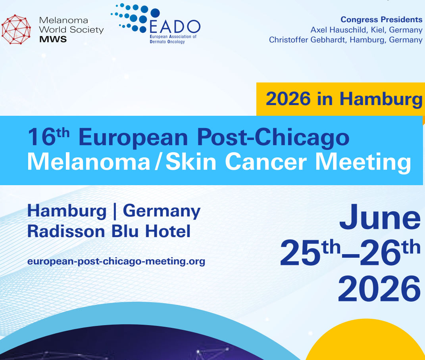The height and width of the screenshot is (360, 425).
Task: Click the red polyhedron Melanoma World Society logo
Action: point(16,29)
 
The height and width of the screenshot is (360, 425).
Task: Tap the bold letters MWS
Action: point(53,39)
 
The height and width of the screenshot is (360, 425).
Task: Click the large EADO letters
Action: point(175,27)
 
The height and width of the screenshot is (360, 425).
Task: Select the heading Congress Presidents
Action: point(381,19)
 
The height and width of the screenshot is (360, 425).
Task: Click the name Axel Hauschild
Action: point(337,29)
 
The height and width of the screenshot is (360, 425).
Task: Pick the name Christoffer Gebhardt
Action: point(307,40)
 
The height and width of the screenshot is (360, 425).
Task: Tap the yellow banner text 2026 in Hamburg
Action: point(344,99)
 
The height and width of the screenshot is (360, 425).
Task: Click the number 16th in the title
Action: point(48,137)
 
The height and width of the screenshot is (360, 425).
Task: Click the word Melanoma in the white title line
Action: point(89,161)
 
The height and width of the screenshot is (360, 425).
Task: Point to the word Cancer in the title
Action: point(265,162)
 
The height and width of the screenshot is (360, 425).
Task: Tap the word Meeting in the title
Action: point(363,163)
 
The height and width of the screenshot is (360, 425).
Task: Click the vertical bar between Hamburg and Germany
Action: point(115,211)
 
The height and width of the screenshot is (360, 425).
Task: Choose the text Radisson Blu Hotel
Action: point(109,231)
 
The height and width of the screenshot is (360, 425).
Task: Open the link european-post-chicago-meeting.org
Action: point(116,261)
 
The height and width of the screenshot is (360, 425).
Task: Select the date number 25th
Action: point(310,253)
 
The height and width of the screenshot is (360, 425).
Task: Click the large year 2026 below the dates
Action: point(379,289)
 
